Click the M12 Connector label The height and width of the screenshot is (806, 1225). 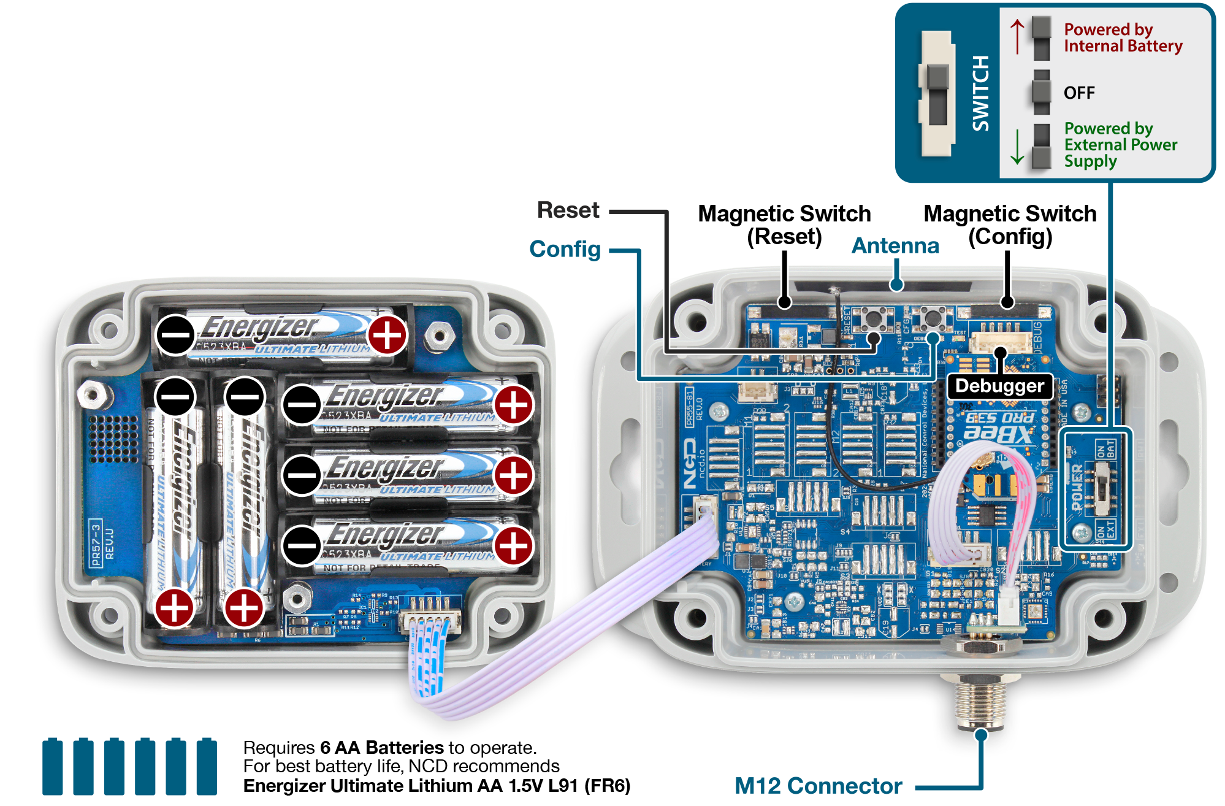(x=818, y=785)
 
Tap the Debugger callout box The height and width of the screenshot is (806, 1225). (x=999, y=386)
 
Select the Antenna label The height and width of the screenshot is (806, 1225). (x=895, y=245)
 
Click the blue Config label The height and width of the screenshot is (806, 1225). (x=565, y=249)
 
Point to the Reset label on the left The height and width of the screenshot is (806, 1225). (x=568, y=210)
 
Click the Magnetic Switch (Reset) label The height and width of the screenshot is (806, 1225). (x=784, y=225)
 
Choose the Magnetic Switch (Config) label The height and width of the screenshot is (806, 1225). (x=1010, y=225)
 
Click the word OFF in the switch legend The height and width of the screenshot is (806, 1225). (x=1079, y=93)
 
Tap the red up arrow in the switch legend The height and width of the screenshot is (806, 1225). (x=1017, y=36)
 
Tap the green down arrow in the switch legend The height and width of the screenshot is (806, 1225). (x=1017, y=147)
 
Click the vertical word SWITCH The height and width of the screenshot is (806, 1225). (x=981, y=93)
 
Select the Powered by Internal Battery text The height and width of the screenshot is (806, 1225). (x=1123, y=37)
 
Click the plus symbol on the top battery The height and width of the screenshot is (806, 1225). (x=387, y=335)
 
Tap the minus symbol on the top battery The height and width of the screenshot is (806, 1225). (x=175, y=335)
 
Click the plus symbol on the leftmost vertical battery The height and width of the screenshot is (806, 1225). (x=175, y=608)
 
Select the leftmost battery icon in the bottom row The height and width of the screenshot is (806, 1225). (x=53, y=767)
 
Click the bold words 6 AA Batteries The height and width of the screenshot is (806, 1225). (x=381, y=748)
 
